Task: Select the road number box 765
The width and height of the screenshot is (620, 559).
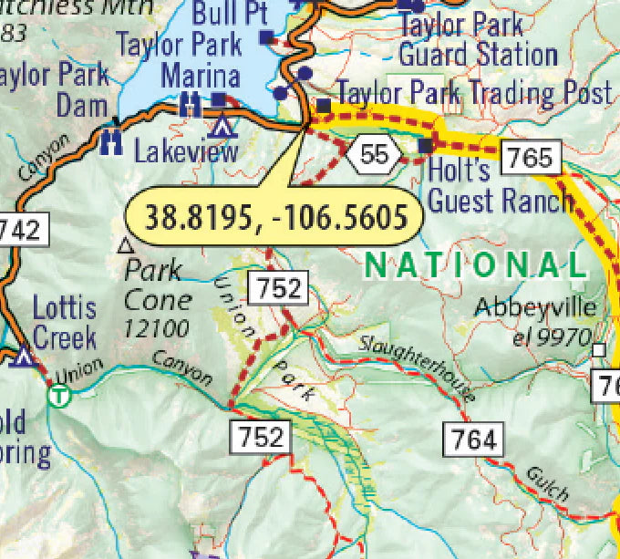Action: point(531,158)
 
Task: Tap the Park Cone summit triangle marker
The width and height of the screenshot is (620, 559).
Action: point(126,245)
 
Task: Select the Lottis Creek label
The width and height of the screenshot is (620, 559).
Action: point(64,323)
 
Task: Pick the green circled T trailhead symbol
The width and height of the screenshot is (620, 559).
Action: point(59,396)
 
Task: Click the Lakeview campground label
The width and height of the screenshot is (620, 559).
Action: point(185,151)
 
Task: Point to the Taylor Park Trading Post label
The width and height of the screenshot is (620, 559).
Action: point(474,92)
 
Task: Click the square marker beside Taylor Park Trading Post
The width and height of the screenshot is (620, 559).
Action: point(324,105)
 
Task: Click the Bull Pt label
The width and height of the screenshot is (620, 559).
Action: point(231,14)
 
